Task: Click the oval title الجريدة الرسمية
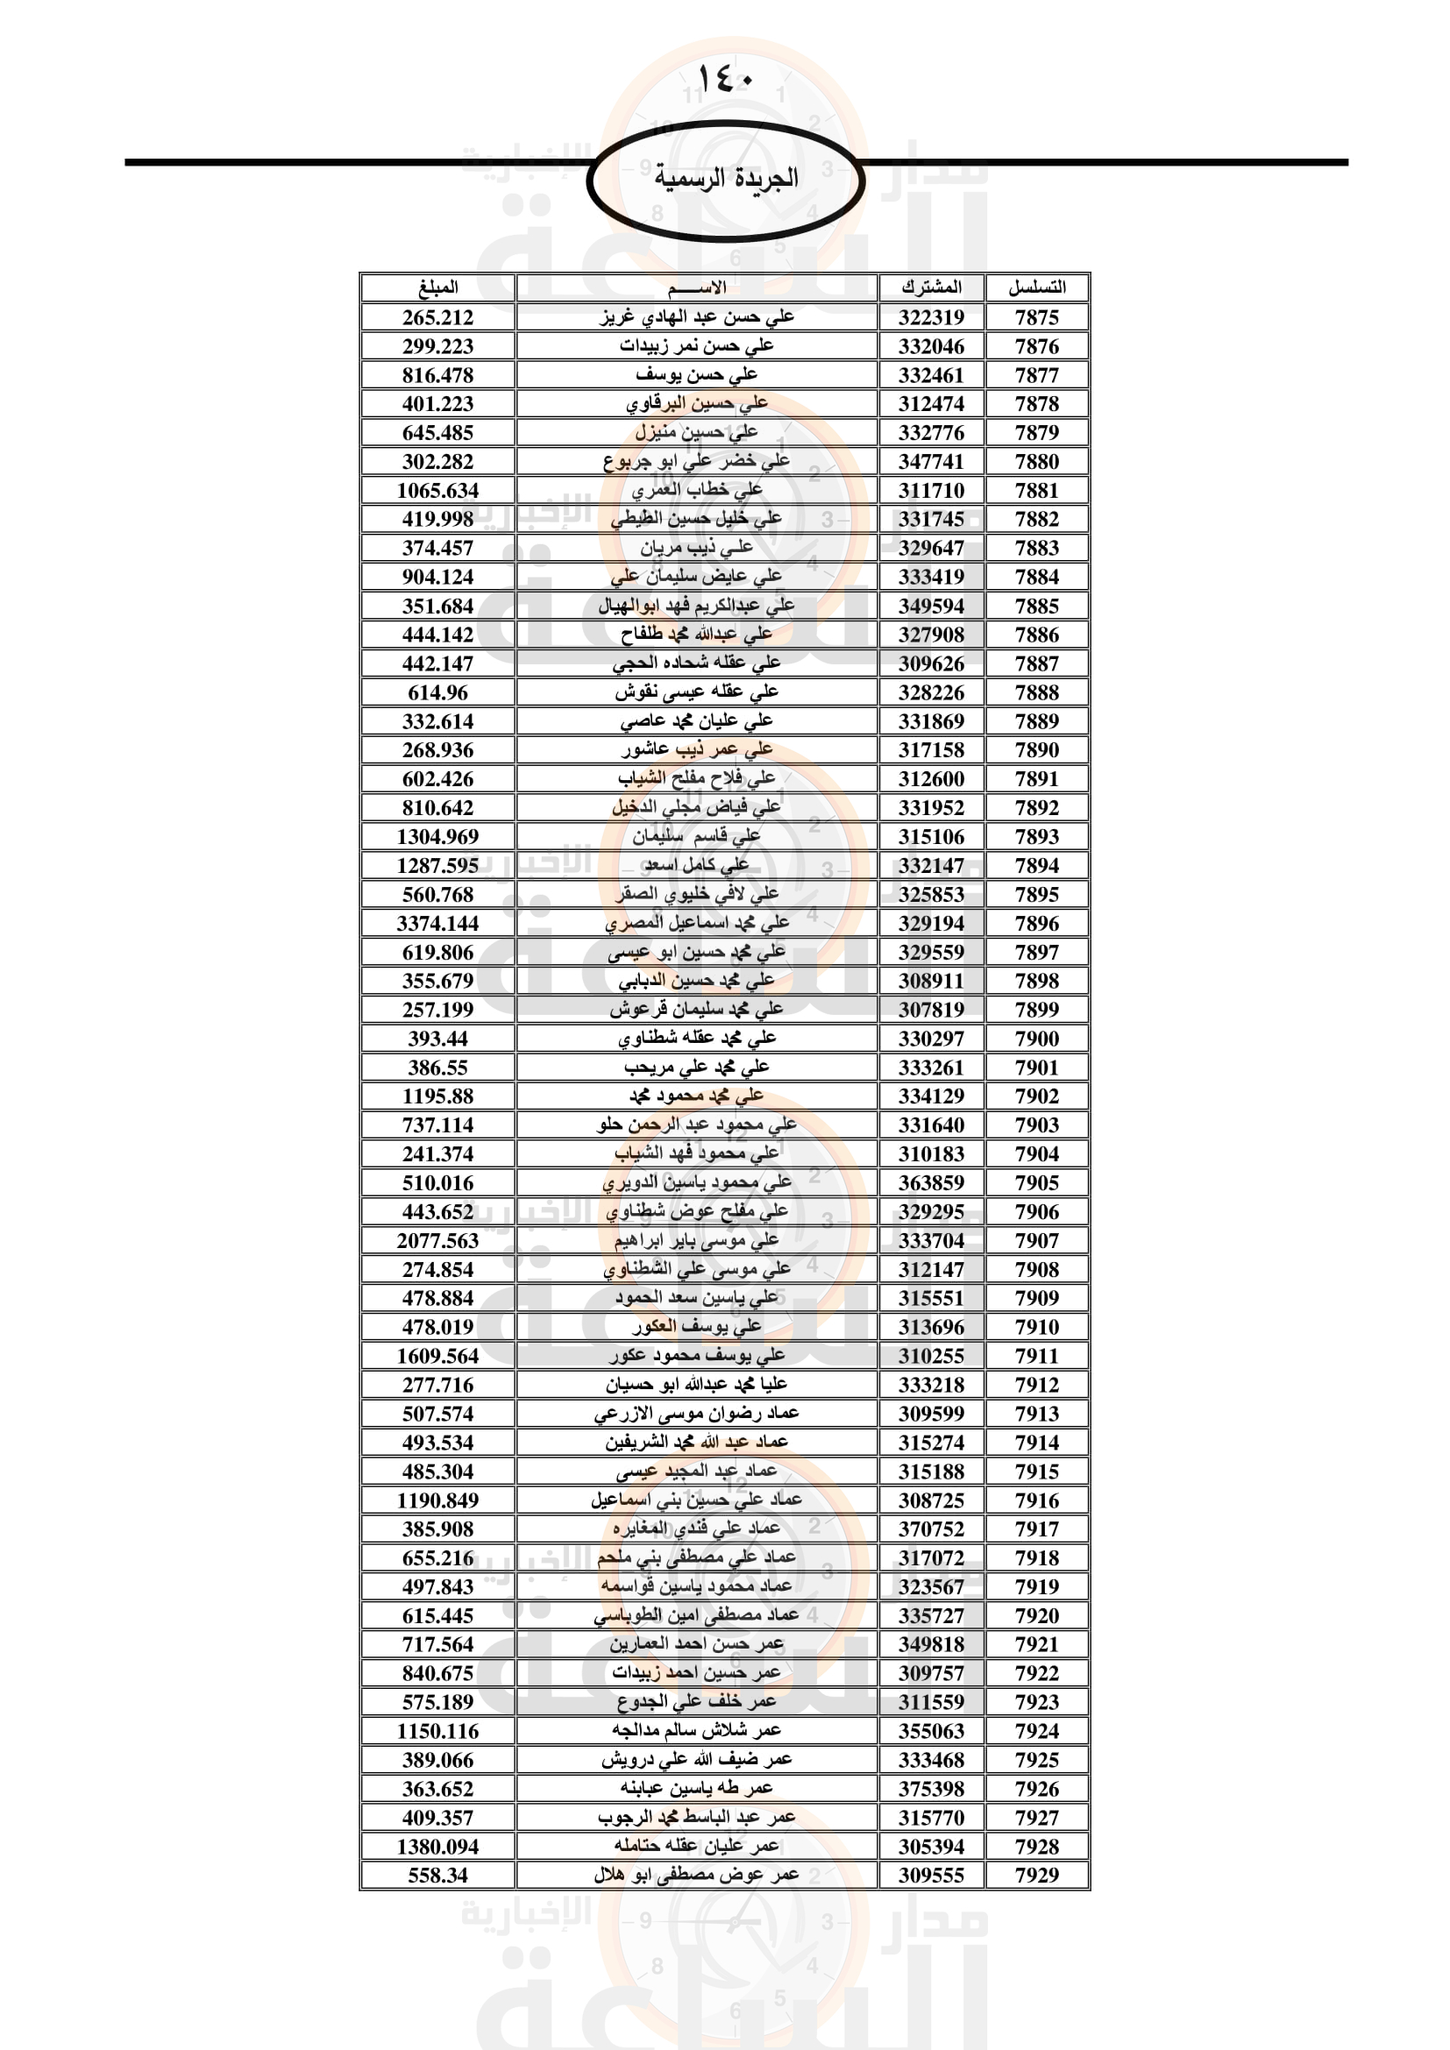pyautogui.click(x=725, y=178)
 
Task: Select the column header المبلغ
pyautogui.click(x=437, y=287)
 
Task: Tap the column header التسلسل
pyautogui.click(x=1036, y=287)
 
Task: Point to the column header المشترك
pyautogui.click(x=931, y=287)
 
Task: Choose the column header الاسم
pyautogui.click(x=696, y=287)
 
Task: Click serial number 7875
pyautogui.click(x=1036, y=317)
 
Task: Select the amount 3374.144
pyautogui.click(x=437, y=923)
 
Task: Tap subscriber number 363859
pyautogui.click(x=931, y=1183)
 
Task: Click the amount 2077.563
pyautogui.click(x=437, y=1240)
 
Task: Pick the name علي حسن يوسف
pyautogui.click(x=696, y=375)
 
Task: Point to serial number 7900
pyautogui.click(x=1036, y=1039)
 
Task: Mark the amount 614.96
pyautogui.click(x=437, y=693)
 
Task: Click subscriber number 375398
pyautogui.click(x=931, y=1789)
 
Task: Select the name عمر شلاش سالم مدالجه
pyautogui.click(x=696, y=1730)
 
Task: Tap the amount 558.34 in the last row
pyautogui.click(x=437, y=1875)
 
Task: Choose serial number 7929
pyautogui.click(x=1036, y=1875)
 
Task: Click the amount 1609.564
pyautogui.click(x=437, y=1355)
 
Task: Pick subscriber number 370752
pyautogui.click(x=931, y=1529)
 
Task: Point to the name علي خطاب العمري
pyautogui.click(x=696, y=490)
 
